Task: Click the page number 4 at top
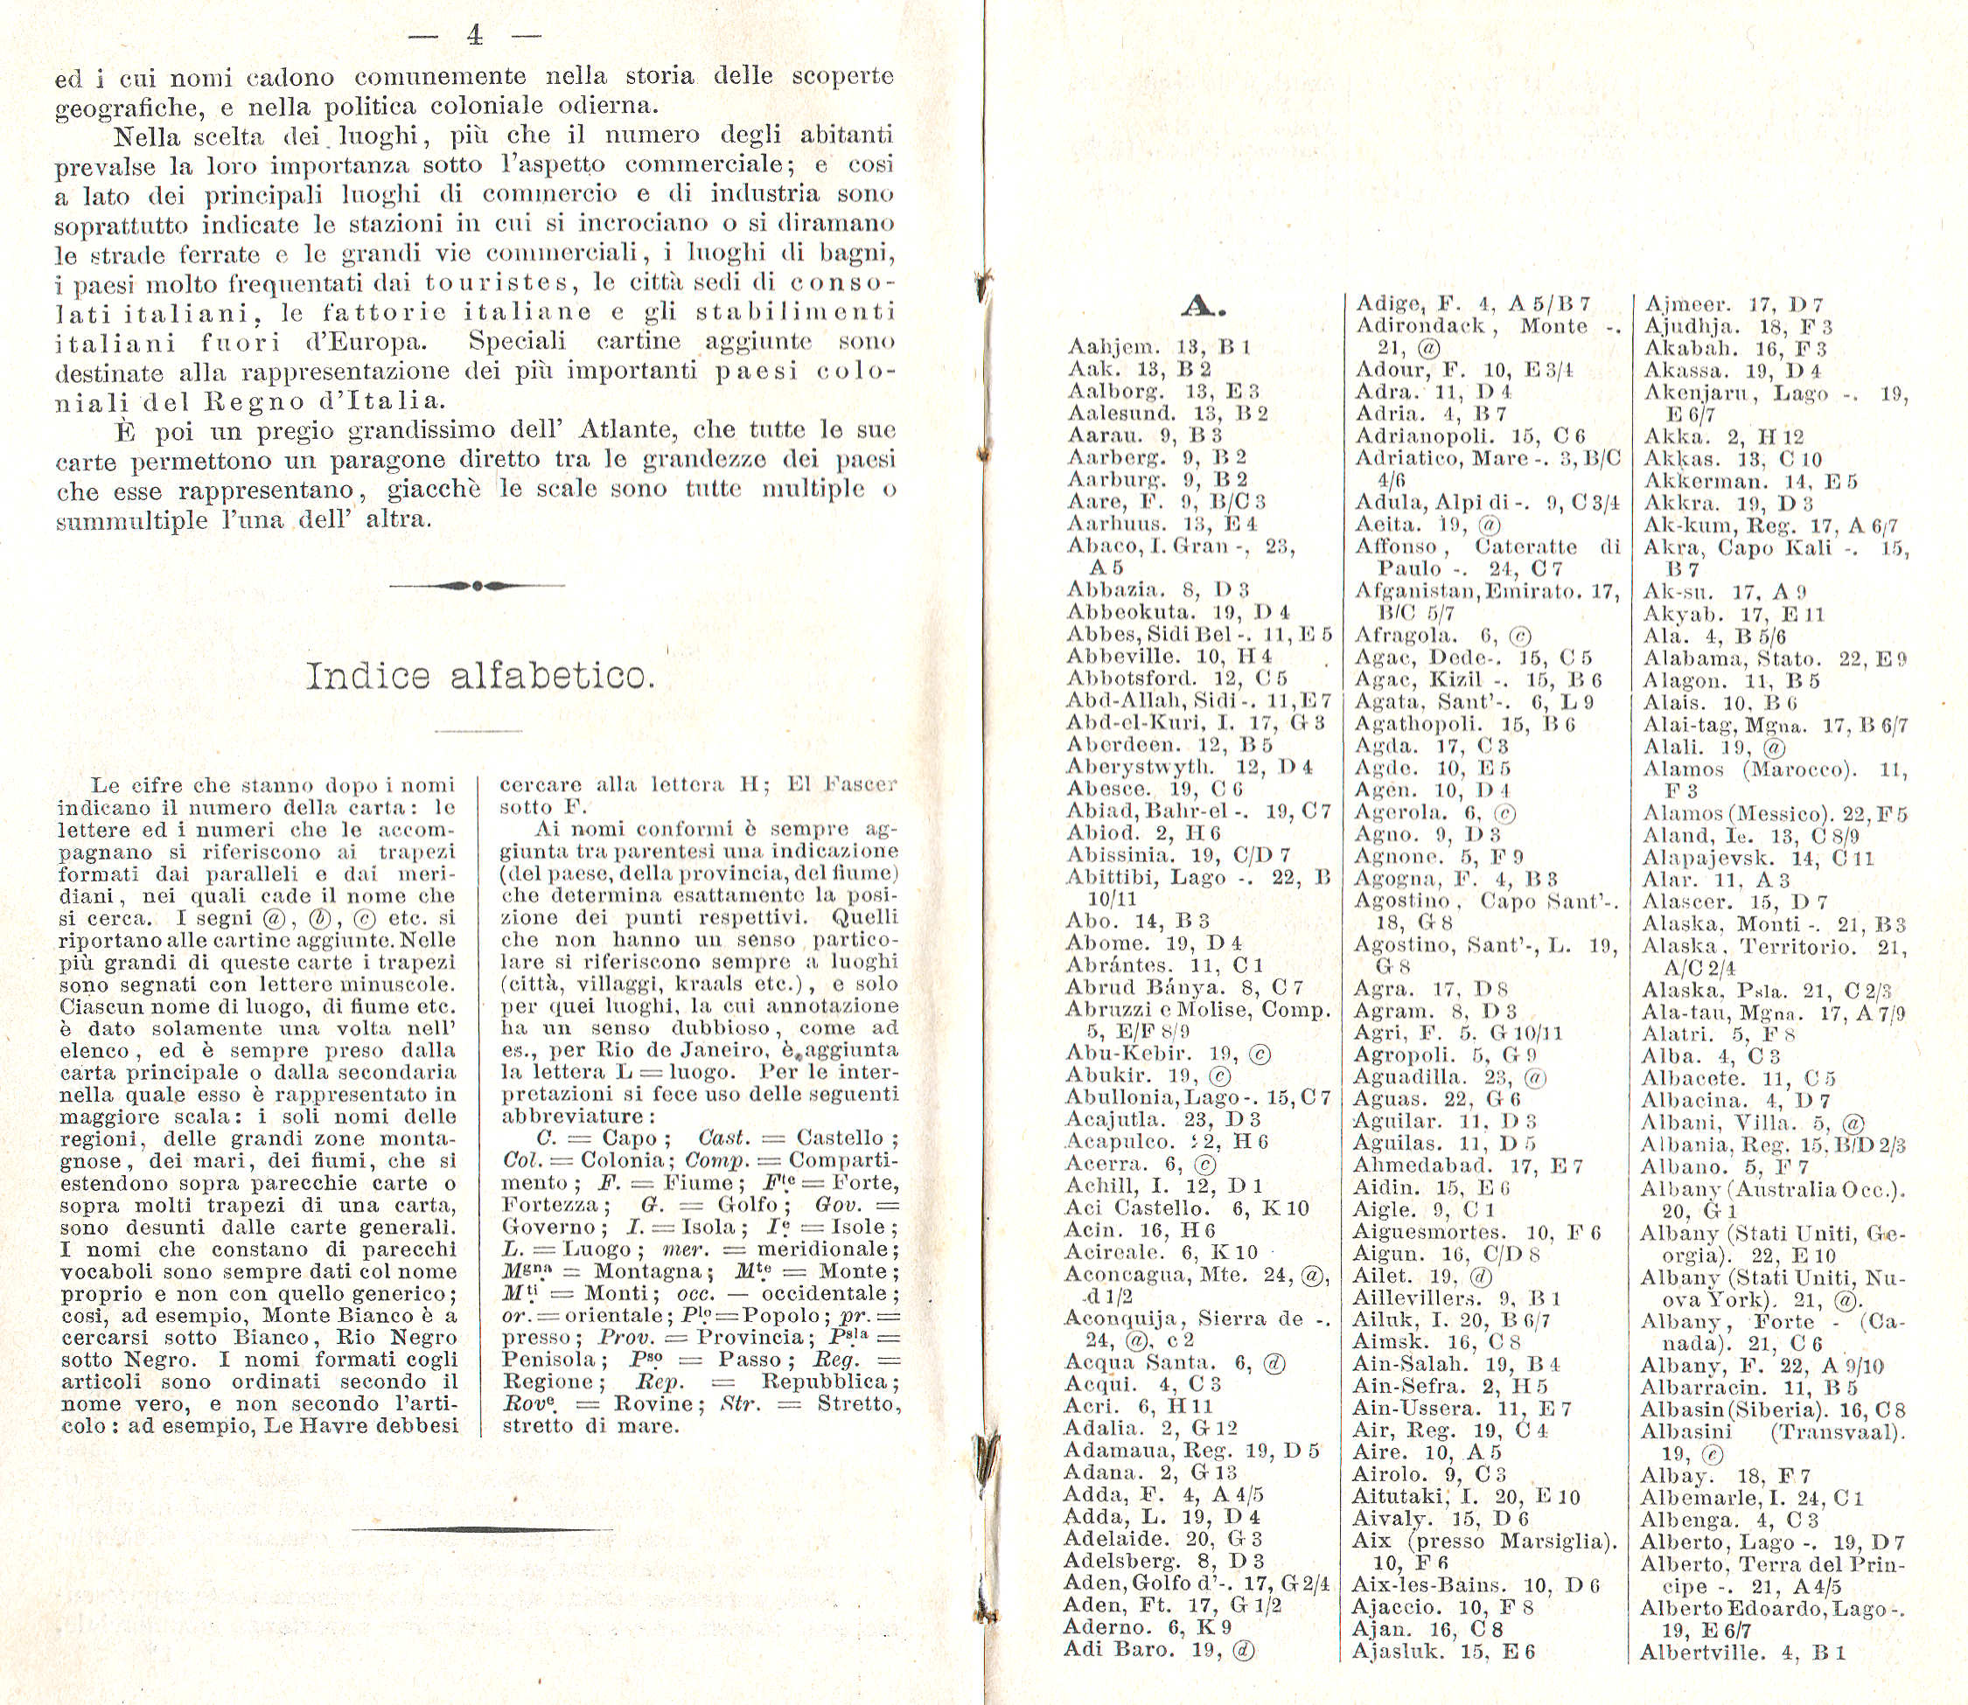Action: (x=475, y=36)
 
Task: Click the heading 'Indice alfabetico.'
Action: (x=479, y=677)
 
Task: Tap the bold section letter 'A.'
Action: (x=1204, y=306)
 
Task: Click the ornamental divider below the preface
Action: (x=477, y=585)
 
